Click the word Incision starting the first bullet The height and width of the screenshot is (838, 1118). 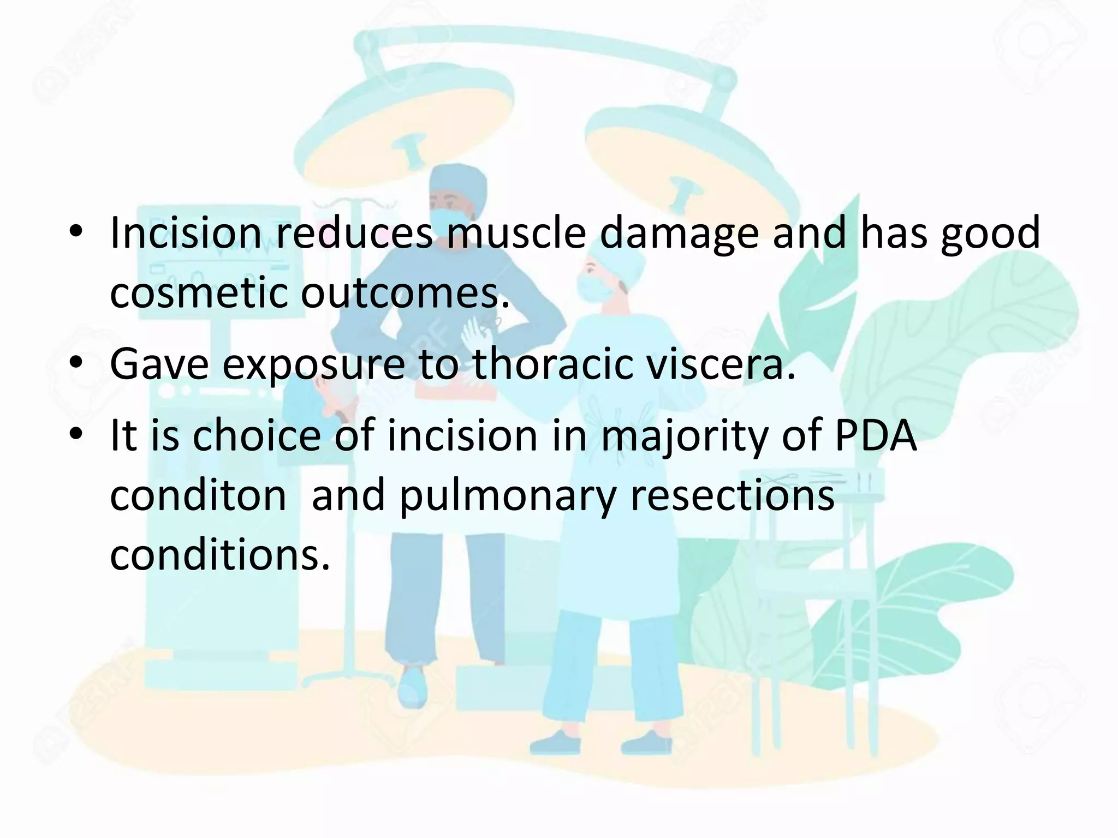pos(186,234)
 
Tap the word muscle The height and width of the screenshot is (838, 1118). pos(516,234)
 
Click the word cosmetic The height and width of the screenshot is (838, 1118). pos(199,294)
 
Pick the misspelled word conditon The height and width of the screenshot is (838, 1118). pos(198,495)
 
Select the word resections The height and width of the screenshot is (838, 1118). pos(732,495)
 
